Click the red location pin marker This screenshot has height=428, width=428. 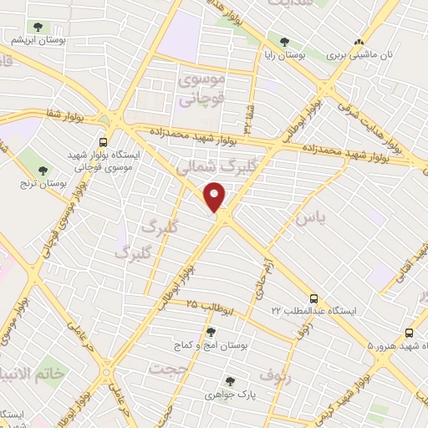(216, 196)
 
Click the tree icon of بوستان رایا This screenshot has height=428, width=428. (285, 41)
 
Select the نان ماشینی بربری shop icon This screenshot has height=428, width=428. (359, 42)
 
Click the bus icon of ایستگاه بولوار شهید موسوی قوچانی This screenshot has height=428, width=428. (103, 142)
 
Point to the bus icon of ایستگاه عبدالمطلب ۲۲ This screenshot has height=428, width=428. (313, 298)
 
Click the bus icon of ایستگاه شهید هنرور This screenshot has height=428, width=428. (410, 332)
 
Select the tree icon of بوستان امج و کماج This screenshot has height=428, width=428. (211, 332)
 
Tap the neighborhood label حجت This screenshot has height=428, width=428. (168, 367)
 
